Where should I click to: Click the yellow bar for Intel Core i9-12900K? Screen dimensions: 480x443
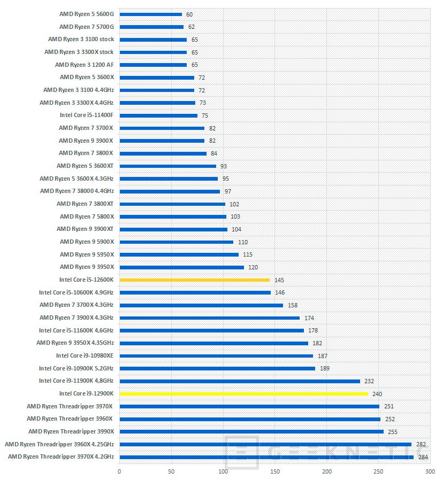click(243, 393)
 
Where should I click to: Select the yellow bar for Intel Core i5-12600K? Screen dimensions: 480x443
click(194, 280)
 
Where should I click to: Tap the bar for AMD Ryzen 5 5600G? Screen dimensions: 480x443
click(150, 14)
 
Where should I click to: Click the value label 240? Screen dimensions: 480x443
click(377, 394)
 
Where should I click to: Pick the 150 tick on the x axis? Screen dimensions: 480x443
click(275, 471)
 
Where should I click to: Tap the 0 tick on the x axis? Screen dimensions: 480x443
click(119, 471)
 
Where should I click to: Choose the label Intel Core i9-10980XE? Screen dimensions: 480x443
click(85, 355)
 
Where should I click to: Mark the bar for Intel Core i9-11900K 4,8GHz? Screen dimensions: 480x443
click(239, 381)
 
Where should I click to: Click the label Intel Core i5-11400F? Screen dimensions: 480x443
click(87, 115)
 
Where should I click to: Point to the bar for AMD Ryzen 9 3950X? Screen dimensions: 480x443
click(181, 267)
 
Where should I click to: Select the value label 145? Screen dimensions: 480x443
click(279, 280)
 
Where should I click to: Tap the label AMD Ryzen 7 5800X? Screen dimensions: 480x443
click(87, 216)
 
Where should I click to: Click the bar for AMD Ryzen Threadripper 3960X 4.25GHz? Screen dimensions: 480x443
click(265, 444)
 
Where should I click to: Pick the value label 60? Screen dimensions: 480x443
click(189, 14)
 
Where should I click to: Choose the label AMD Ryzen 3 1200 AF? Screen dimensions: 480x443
click(84, 65)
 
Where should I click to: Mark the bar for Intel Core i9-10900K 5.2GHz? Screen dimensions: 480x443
click(217, 368)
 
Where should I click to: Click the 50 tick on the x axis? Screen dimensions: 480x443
click(171, 471)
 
